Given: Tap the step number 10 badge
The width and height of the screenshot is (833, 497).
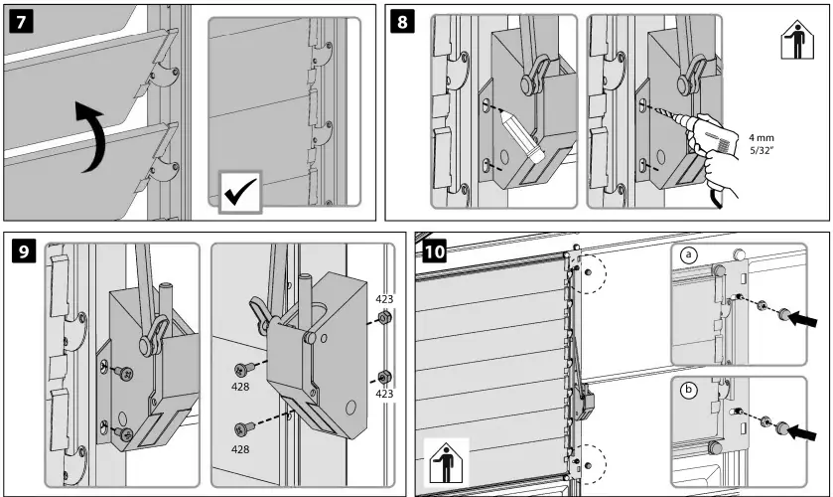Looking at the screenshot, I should pos(434,249).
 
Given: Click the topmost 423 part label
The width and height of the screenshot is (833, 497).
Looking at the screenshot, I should pos(385,298).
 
